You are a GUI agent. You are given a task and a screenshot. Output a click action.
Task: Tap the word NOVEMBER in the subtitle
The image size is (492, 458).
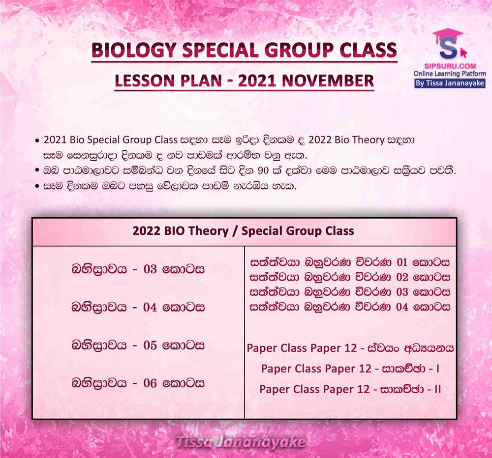tap(328, 81)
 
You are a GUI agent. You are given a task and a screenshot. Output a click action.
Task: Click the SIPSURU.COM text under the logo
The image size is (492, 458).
tap(450, 66)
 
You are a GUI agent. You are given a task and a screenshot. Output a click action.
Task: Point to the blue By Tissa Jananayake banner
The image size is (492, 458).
tap(450, 84)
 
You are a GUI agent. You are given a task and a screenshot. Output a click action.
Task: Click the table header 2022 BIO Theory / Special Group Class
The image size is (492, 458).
tap(243, 231)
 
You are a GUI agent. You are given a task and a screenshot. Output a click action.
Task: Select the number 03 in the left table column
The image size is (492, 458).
tap(150, 269)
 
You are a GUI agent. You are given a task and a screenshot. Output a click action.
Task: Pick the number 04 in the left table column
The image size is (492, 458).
tap(150, 307)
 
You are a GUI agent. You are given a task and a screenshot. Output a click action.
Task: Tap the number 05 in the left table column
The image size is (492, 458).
tap(150, 345)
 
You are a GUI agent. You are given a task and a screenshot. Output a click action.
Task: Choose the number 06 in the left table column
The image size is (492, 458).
tap(150, 383)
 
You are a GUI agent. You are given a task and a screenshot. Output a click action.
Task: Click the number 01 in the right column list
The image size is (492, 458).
tap(402, 262)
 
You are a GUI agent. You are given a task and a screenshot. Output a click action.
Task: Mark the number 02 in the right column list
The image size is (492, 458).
tap(402, 277)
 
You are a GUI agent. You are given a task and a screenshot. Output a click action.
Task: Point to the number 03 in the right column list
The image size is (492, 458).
tap(402, 292)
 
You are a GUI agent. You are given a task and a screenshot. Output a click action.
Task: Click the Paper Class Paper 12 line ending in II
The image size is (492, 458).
tap(350, 389)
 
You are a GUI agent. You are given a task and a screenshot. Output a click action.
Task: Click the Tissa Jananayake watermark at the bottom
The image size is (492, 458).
tap(241, 442)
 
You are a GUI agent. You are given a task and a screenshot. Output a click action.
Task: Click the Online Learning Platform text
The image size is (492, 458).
tap(450, 74)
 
